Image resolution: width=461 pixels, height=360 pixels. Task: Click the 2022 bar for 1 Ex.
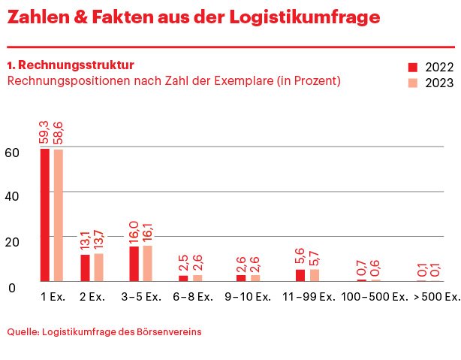click(x=45, y=215)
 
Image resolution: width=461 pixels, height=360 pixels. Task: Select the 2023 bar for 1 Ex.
click(x=59, y=216)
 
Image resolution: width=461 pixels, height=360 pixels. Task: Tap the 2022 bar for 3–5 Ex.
click(x=134, y=264)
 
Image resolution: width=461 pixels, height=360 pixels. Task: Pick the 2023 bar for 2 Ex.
click(x=99, y=267)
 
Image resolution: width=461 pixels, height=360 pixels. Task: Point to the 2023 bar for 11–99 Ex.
click(x=314, y=275)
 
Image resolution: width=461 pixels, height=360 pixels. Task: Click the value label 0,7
click(x=361, y=266)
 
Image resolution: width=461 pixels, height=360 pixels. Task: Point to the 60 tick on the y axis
click(x=11, y=152)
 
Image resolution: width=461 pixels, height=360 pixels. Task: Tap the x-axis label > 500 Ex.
click(x=436, y=297)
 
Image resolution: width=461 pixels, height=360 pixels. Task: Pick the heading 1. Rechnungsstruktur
click(x=71, y=65)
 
